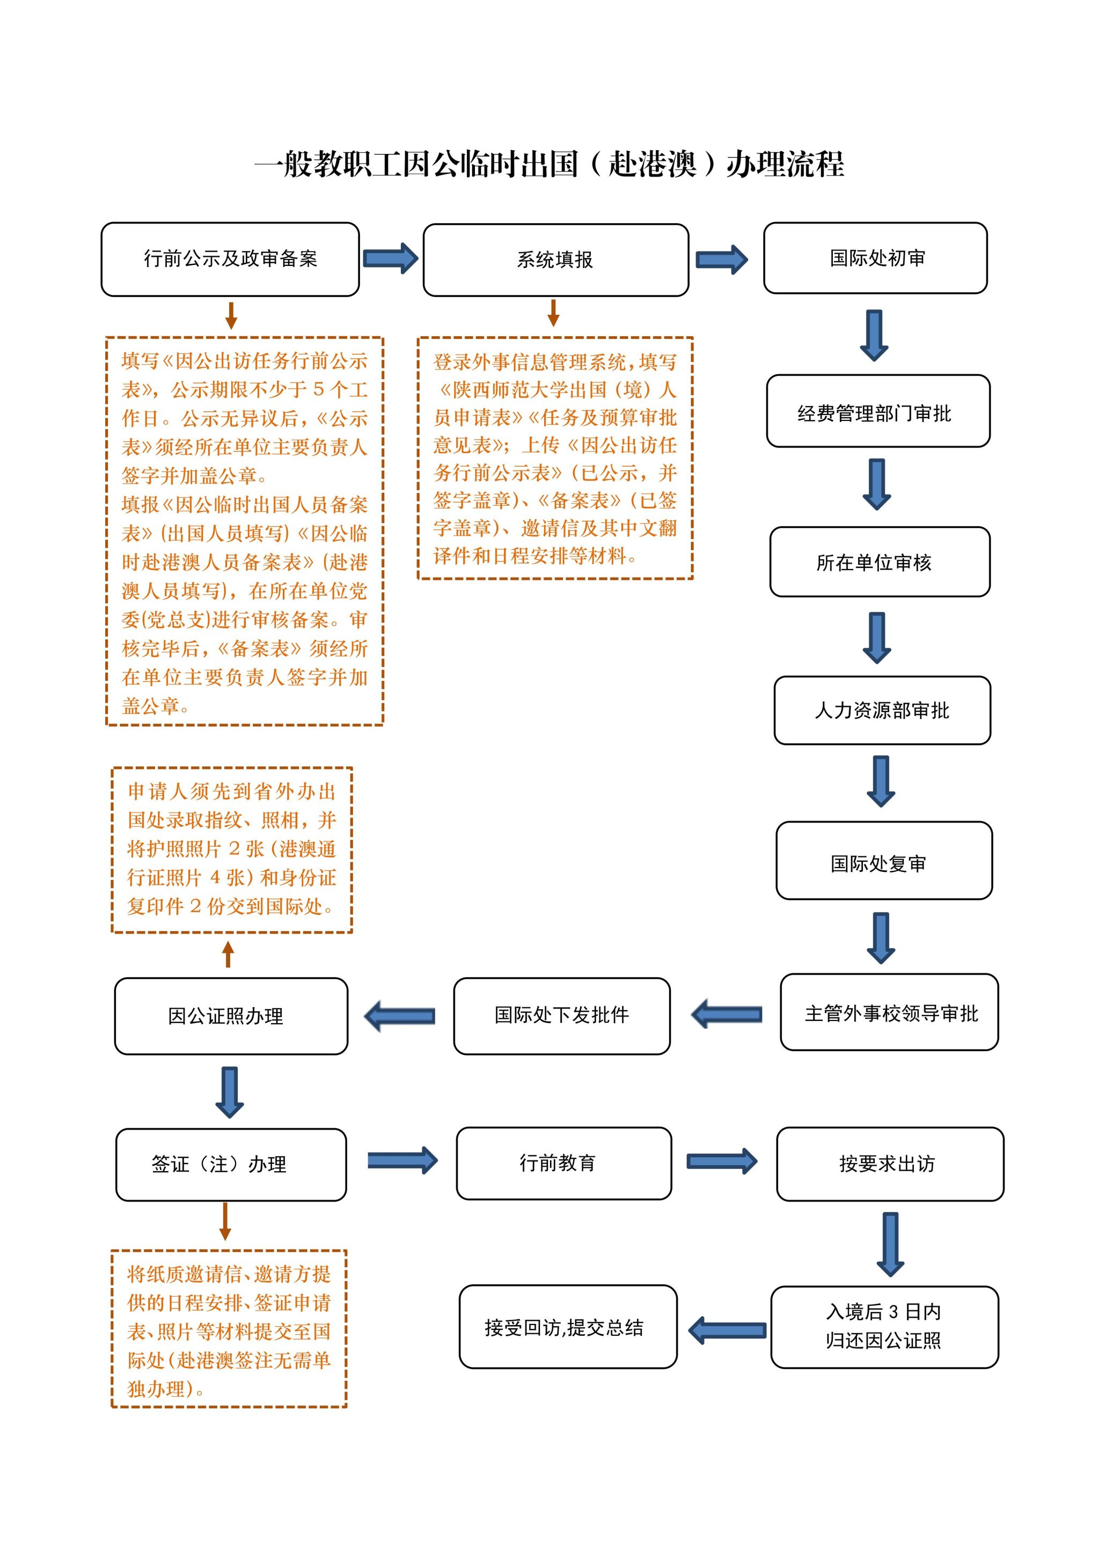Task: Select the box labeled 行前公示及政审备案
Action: point(230,259)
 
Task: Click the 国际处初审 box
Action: point(876,258)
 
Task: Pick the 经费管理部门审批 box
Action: point(878,411)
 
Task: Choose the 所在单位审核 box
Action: point(879,562)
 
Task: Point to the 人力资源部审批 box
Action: point(882,710)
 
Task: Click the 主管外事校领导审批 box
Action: point(889,1012)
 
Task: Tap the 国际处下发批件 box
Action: point(562,1015)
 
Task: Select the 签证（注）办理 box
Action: point(231,1164)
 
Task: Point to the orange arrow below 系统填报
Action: point(554,313)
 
